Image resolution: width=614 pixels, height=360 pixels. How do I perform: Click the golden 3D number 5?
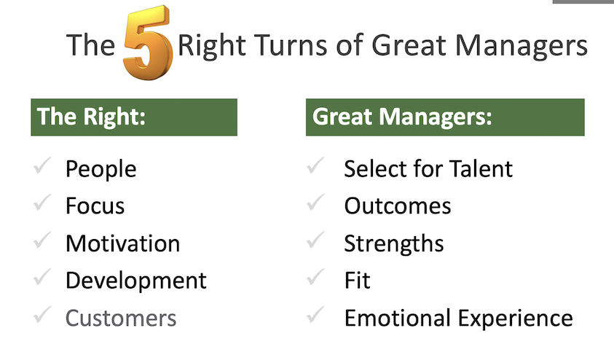(x=148, y=43)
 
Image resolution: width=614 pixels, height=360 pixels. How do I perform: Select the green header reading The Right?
(x=134, y=117)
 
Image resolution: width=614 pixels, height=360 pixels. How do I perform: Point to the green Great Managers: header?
(x=445, y=117)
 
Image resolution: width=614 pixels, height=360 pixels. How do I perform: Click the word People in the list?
(x=101, y=170)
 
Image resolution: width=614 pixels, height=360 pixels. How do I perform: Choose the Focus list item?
(x=95, y=206)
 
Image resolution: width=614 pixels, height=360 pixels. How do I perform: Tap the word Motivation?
(x=123, y=243)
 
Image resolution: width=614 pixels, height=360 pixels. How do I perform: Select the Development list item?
(x=136, y=281)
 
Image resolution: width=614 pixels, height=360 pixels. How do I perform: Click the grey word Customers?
(x=121, y=318)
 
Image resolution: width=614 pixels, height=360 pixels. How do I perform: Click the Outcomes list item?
(x=398, y=206)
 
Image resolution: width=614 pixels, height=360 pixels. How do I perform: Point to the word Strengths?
(x=394, y=244)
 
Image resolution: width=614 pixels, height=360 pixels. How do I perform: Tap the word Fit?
(x=357, y=280)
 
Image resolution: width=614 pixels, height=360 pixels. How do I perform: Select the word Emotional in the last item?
(x=398, y=318)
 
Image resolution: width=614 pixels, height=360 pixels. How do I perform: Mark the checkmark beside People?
(x=42, y=165)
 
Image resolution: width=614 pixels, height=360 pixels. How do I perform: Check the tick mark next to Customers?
(x=42, y=315)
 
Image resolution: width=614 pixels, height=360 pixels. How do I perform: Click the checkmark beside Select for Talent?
(x=315, y=165)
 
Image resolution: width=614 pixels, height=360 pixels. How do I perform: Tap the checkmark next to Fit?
(x=315, y=277)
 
